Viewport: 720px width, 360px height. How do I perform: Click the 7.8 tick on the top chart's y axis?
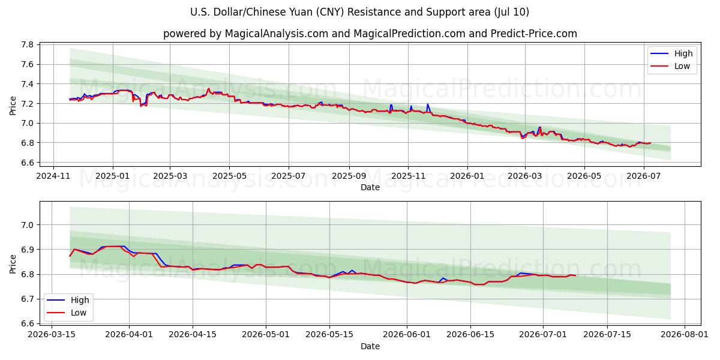coord(28,44)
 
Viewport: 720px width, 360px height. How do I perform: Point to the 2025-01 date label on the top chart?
coord(113,176)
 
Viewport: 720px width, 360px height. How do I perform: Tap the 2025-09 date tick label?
coord(349,176)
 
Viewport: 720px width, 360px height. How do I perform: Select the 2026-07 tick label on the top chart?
coord(643,176)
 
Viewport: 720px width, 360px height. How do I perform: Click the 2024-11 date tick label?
coord(53,176)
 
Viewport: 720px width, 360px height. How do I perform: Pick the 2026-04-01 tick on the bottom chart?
coord(129,334)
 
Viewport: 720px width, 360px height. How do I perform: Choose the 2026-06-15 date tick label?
coord(470,334)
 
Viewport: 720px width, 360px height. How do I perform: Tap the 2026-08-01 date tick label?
coord(685,334)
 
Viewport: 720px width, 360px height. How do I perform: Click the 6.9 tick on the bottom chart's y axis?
coord(28,250)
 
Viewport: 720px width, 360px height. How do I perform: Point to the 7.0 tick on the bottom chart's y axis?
coord(28,225)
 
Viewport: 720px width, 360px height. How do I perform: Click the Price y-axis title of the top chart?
coord(13,106)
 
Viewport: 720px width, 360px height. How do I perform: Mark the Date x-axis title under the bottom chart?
coord(370,346)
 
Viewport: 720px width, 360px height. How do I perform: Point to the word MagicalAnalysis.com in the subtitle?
coord(277,34)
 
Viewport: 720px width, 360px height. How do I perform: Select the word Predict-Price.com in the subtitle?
coord(534,34)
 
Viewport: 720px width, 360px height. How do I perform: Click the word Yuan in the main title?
coord(302,12)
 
